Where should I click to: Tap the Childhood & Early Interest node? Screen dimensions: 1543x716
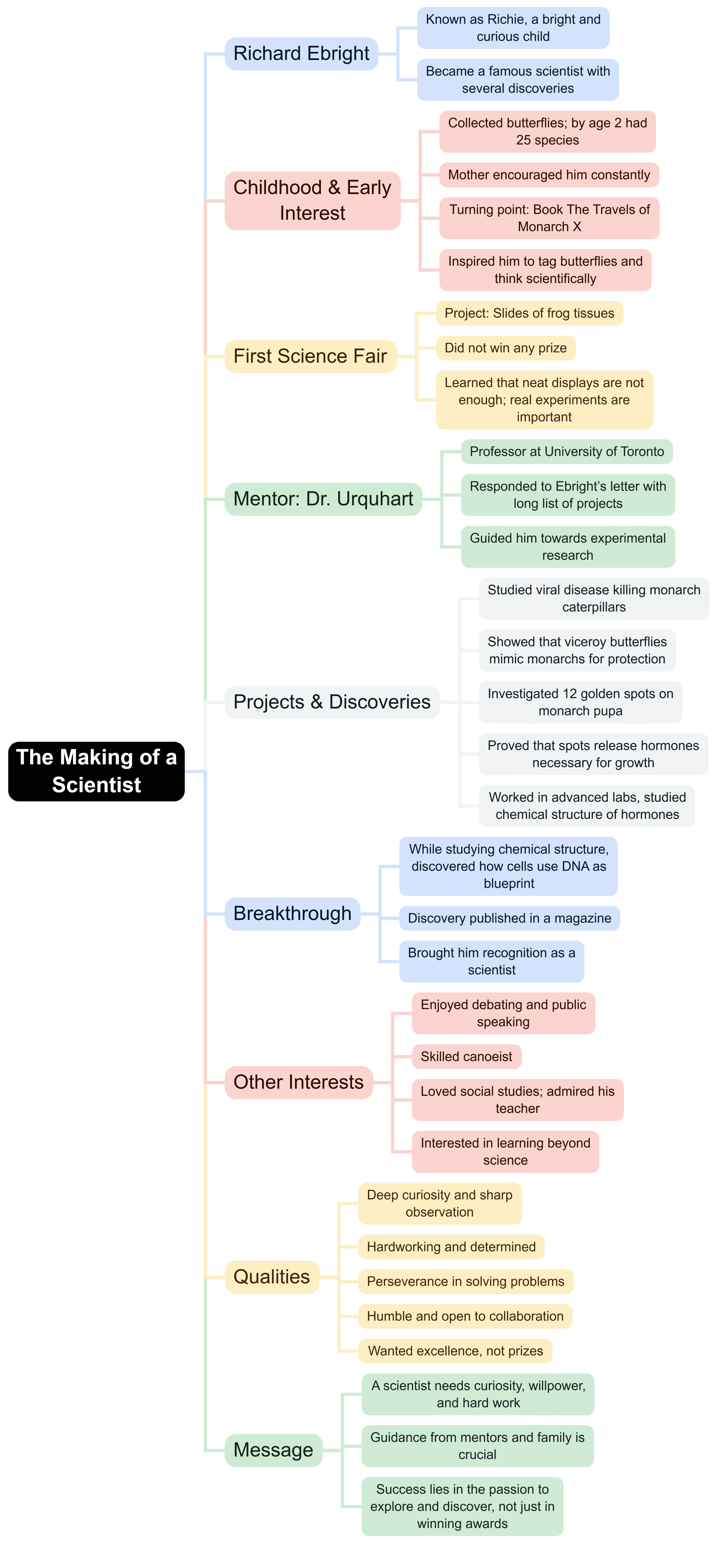[312, 200]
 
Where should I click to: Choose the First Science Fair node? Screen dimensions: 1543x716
[310, 356]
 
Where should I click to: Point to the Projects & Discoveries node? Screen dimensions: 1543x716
[332, 702]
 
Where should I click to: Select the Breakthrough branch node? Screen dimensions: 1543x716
[292, 914]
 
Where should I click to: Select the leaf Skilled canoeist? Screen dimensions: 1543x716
[466, 1057]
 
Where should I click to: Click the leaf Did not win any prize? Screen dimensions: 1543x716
[505, 348]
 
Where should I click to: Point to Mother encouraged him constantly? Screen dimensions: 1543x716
[548, 175]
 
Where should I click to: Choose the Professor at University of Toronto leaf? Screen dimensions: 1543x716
[566, 451]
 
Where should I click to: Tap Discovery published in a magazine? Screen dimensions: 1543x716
[509, 918]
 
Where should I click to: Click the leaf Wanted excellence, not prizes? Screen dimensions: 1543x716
[455, 1351]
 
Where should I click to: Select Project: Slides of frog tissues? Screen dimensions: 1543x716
[529, 313]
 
